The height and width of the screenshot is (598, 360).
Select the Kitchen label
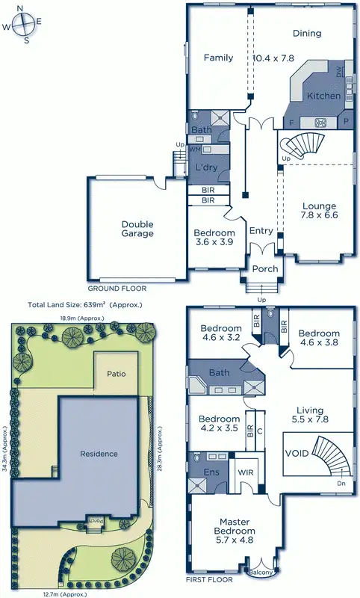point(323,96)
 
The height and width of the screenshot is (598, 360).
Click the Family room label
point(219,58)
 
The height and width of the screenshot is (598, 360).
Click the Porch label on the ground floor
point(264,269)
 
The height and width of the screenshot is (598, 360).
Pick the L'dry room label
point(206,167)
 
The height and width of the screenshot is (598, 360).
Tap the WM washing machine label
point(194,149)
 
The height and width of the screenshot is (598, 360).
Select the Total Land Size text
point(84,305)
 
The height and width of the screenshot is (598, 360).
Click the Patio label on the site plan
point(115,373)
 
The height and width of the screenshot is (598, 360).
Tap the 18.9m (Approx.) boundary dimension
point(82,318)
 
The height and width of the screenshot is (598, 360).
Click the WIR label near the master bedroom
point(246,473)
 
